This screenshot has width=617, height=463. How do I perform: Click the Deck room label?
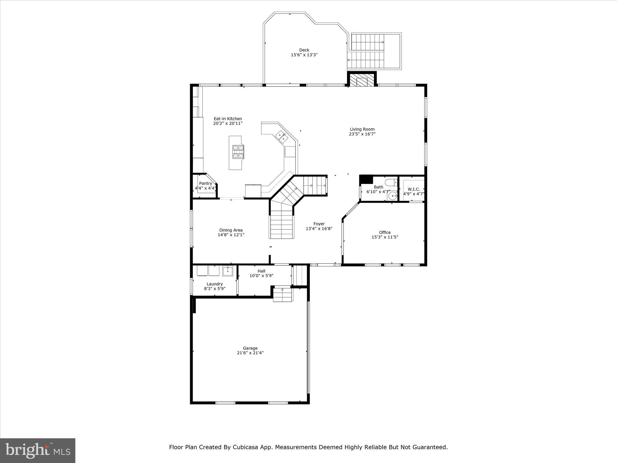pos(304,50)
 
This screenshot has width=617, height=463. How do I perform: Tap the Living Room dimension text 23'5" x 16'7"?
pos(362,134)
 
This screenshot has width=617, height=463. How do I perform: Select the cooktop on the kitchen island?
pos(238,152)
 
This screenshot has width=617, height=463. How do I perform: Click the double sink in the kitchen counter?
pos(282,137)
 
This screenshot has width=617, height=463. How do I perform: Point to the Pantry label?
pos(205,183)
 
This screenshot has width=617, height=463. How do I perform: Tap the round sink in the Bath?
pos(393,196)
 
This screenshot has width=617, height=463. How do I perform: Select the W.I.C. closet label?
pos(414,189)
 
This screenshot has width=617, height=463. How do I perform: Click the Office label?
pos(385,232)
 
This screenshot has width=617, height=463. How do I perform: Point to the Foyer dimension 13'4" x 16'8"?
pos(319,228)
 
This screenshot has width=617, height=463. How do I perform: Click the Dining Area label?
pos(231,230)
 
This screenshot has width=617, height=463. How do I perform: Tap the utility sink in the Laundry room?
pos(227,271)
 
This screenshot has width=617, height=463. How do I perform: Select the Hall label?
pos(261,271)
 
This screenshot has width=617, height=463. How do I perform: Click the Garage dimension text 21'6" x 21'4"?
pos(250,353)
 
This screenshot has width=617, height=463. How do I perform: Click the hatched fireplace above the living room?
pos(362,80)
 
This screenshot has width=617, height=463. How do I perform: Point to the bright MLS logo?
pos(38,450)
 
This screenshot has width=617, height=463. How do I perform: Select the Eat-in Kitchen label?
pos(228,119)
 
